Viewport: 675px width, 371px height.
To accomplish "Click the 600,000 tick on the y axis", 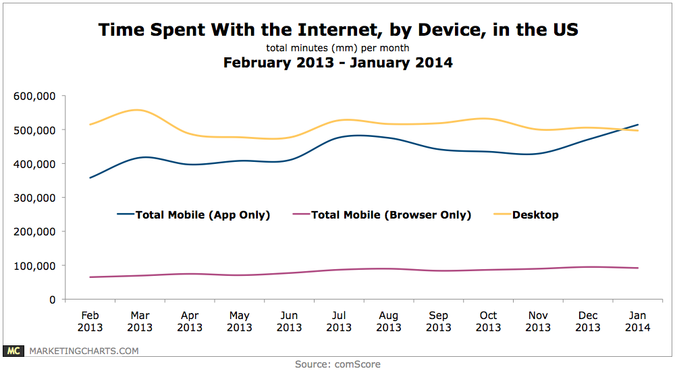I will click(33, 96).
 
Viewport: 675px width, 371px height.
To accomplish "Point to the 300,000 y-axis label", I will click(33, 198).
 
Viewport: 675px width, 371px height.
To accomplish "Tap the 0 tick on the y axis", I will click(51, 299).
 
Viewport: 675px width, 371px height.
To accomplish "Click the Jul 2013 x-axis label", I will click(338, 321).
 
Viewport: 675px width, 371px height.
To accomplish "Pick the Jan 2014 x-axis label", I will click(637, 321).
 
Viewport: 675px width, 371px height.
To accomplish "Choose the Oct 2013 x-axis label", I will click(488, 321).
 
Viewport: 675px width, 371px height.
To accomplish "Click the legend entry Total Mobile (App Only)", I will click(202, 215).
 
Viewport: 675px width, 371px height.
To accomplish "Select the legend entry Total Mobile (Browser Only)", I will click(390, 215).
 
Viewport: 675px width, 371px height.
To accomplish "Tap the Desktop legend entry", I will click(535, 215).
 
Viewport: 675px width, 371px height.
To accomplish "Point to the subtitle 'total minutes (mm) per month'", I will click(337, 48).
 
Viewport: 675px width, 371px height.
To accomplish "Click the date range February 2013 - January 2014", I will click(337, 63).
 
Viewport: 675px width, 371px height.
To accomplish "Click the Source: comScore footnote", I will click(337, 364).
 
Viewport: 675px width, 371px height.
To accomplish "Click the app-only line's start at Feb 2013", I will click(89, 178).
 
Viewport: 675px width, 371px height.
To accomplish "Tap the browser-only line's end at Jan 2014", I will click(638, 268).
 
